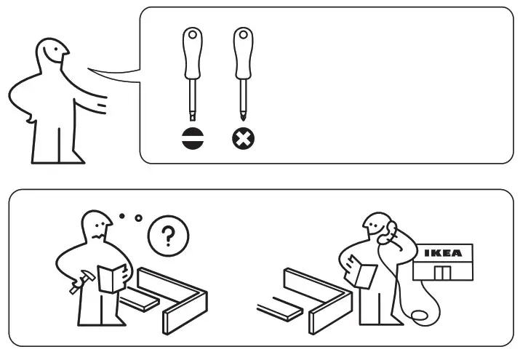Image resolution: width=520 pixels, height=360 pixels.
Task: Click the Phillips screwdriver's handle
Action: [241, 55]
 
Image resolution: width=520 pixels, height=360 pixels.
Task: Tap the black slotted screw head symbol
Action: [191, 137]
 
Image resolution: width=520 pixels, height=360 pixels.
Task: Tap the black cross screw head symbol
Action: [242, 137]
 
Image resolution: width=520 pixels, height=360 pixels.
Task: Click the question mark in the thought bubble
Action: [168, 236]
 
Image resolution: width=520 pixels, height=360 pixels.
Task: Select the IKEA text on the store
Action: [442, 254]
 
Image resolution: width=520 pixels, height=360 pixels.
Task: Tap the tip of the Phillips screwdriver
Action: [242, 117]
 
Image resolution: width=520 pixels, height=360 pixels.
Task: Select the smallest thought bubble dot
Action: [121, 215]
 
